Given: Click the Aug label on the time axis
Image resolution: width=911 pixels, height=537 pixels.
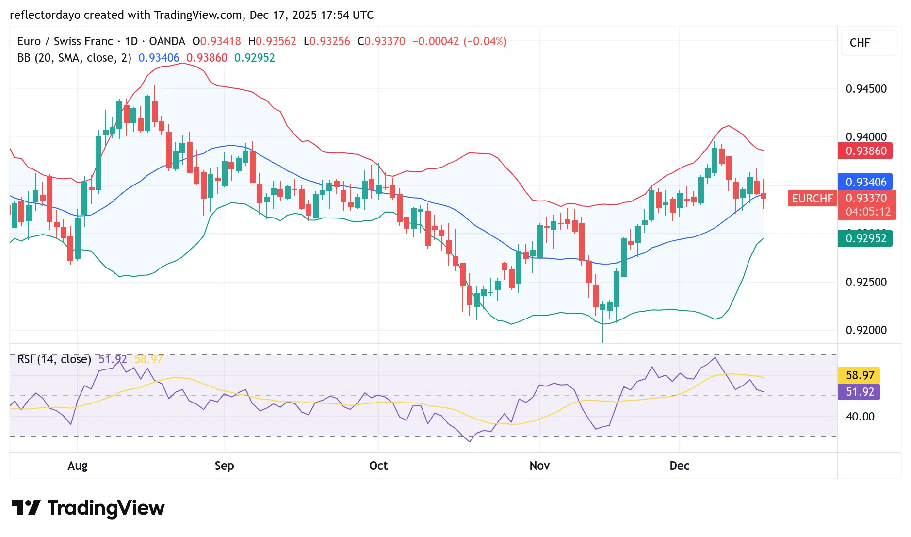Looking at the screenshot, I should click(x=78, y=466).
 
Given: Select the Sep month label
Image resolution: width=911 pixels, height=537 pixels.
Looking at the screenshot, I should click(x=224, y=466).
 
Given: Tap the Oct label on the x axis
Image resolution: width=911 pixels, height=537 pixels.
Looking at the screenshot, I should click(x=378, y=466).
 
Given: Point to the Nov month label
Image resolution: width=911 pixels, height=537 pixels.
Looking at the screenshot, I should click(x=539, y=466).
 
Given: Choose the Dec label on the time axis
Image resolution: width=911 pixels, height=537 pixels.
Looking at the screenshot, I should click(x=679, y=466).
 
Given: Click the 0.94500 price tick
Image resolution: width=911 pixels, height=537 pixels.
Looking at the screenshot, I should click(x=866, y=89).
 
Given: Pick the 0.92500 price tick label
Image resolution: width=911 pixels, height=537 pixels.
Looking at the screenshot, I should click(x=866, y=282).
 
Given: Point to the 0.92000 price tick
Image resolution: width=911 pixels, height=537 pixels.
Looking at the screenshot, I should click(x=866, y=330).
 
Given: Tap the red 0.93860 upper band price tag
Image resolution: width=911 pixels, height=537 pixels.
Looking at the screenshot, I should click(x=865, y=151).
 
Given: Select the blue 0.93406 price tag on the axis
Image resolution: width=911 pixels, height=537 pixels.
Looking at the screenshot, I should click(x=865, y=182).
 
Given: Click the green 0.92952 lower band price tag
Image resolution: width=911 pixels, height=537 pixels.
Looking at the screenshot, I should click(x=865, y=238).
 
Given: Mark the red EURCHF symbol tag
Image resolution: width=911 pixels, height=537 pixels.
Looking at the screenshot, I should click(x=812, y=199).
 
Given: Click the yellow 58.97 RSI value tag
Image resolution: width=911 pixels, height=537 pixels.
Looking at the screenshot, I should click(x=860, y=375).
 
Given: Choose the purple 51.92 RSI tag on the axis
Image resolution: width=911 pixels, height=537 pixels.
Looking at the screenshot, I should click(x=860, y=392).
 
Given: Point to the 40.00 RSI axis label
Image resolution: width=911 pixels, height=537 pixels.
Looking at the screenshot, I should click(x=860, y=417).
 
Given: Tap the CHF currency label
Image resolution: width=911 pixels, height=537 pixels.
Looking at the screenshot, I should click(x=860, y=43).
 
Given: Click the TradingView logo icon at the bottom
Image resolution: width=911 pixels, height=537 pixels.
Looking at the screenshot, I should click(x=26, y=508).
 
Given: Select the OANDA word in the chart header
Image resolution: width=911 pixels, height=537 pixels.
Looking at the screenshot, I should click(x=167, y=41).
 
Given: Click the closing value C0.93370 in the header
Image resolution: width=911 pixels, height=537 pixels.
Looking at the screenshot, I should click(x=381, y=41).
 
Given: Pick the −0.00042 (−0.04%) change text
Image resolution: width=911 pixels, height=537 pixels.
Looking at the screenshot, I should click(x=459, y=41).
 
